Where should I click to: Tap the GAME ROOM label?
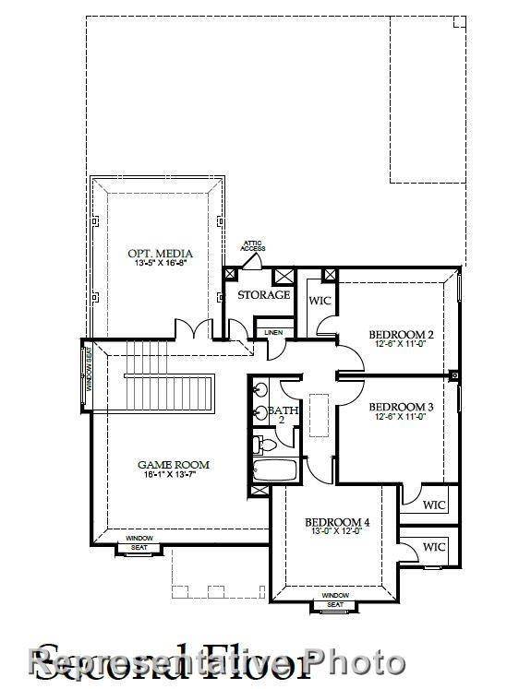[x=174, y=465]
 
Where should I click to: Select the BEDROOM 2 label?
[x=401, y=334]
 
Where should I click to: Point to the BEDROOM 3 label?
[x=401, y=406]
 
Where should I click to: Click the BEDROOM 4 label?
[x=337, y=522]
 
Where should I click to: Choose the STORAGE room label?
[x=264, y=295]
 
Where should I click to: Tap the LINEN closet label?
[x=273, y=332]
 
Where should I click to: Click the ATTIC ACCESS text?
[x=253, y=246]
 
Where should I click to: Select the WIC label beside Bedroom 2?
[x=320, y=301]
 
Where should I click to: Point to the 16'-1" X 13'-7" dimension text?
[x=173, y=475]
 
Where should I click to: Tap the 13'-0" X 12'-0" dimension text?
[x=337, y=532]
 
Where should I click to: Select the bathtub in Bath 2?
[x=274, y=470]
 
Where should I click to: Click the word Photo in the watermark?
[x=356, y=662]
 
